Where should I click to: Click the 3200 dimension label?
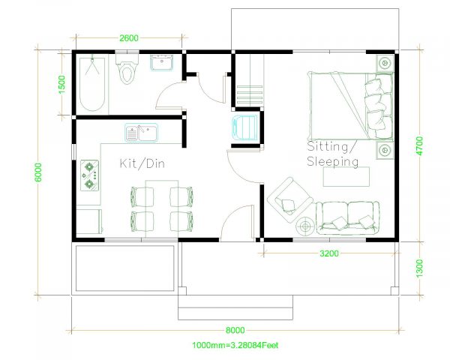[x=329, y=253]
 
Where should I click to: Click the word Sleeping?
[x=333, y=161]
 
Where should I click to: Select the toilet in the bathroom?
[x=127, y=70]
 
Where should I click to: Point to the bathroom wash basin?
[x=162, y=63]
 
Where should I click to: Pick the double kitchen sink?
[x=141, y=133]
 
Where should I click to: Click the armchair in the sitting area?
[x=289, y=195]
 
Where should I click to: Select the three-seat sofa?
[x=346, y=216]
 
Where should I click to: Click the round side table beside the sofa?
[x=307, y=224]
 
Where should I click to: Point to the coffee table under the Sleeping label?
[x=346, y=176]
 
